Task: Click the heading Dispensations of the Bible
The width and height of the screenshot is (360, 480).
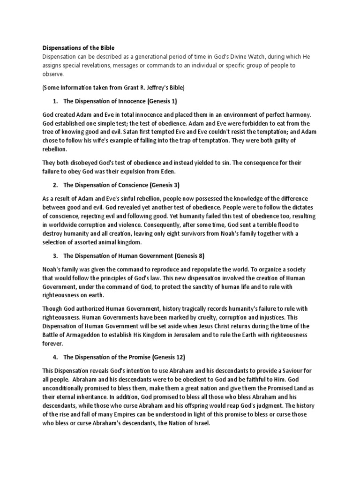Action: coord(78,48)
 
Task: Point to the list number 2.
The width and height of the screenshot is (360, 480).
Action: coord(55,184)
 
